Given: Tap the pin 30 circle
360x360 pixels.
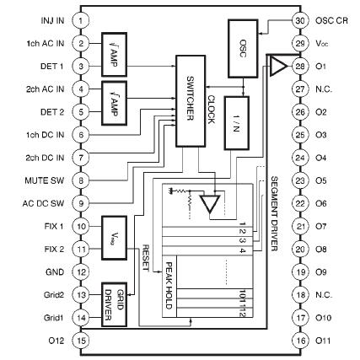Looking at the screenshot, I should pos(298,19).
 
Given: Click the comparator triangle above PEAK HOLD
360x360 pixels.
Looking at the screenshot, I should pos(217,203).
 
